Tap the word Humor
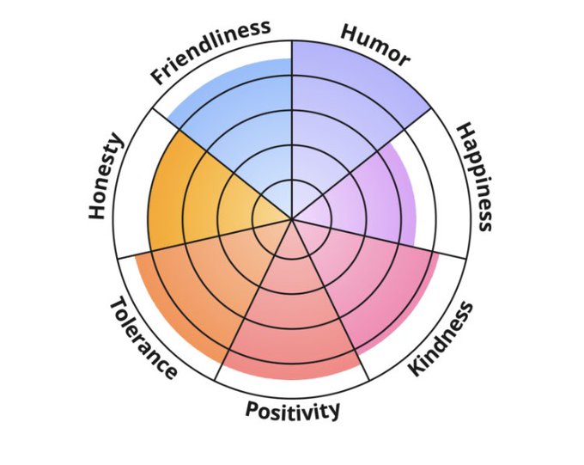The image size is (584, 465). [375, 44]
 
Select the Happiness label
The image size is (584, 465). [474, 177]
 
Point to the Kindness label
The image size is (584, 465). [441, 339]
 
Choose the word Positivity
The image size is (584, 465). [293, 410]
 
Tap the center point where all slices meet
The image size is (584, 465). [292, 218]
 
